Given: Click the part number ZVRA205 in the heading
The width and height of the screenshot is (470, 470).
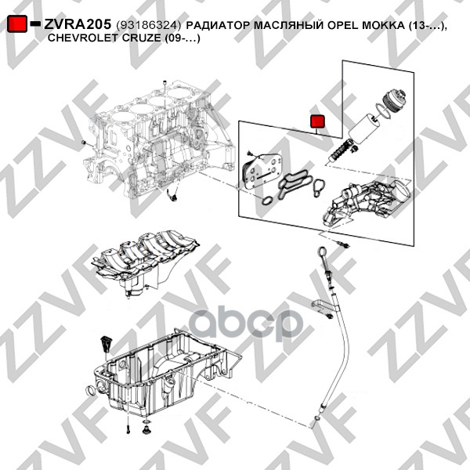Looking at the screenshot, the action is [78, 24].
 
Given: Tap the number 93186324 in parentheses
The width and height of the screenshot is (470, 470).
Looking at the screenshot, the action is [149, 26].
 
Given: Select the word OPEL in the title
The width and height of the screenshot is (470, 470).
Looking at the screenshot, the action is [342, 26].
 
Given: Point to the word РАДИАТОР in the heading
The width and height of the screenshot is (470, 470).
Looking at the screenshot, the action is [219, 26].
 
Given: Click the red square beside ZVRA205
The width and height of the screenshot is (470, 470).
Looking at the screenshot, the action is [17, 24].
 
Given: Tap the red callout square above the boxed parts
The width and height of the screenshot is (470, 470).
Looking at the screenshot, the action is [318, 121].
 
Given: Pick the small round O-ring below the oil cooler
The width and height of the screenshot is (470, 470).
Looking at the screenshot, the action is [266, 201].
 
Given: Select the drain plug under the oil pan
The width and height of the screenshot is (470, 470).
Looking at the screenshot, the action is [146, 428].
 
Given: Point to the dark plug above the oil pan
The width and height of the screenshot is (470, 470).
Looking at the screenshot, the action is [107, 344].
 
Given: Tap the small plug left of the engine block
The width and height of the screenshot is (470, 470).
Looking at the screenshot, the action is [84, 142].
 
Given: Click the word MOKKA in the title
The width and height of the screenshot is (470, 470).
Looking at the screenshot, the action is [384, 26].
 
